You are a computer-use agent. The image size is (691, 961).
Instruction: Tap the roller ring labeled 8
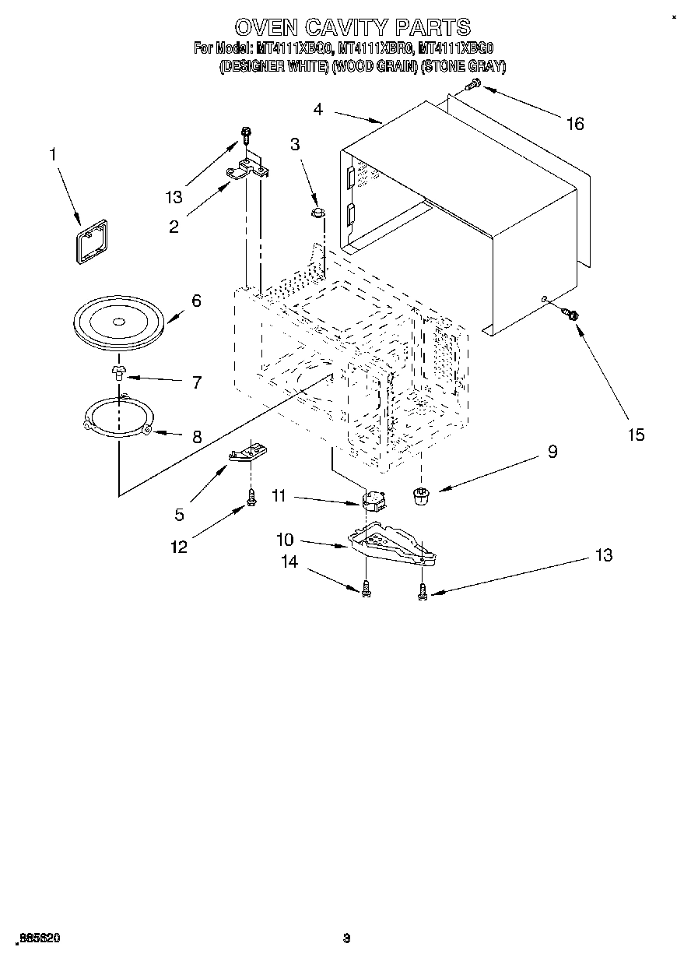point(118,421)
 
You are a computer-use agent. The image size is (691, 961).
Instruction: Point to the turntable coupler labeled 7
point(118,371)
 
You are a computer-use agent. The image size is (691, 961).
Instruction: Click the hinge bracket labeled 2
point(247,167)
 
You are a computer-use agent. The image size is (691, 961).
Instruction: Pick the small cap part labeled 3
point(317,211)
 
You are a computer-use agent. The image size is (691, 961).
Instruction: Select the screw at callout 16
point(472,86)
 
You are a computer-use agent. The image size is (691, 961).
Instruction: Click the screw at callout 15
point(570,314)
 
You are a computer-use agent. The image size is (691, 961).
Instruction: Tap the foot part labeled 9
point(421,495)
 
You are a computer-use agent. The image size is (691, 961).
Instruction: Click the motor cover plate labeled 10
point(391,545)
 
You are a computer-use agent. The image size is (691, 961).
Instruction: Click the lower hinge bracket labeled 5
point(247,452)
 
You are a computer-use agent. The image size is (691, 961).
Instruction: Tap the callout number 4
point(317,109)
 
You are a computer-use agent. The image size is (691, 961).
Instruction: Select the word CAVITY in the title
point(353,27)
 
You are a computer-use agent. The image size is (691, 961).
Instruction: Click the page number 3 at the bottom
point(347,938)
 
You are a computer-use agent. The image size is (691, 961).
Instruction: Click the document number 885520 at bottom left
point(38,938)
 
